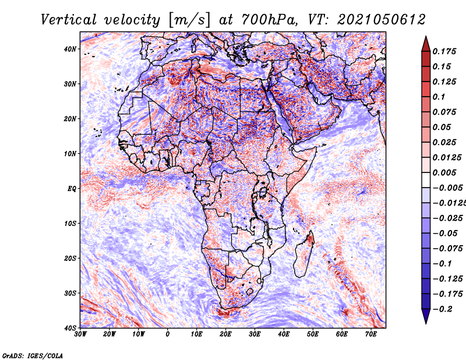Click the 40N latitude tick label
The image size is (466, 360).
pos(70,49)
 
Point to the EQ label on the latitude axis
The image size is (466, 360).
pos(72,189)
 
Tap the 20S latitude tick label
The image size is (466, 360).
pos(70,258)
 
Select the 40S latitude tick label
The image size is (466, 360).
pos(70,328)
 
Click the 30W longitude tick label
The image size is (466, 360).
pos(80,334)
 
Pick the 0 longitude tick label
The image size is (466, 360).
pos(168,334)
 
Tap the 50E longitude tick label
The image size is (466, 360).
pos(313,334)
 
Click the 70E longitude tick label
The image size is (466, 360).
pos(371,334)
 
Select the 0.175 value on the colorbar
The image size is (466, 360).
pos(444,51)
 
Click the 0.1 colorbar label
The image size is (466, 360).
pos(439,97)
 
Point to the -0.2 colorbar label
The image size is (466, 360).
pos(442,309)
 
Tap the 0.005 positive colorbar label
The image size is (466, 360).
pos(444,172)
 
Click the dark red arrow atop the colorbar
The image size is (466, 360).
pos(426,45)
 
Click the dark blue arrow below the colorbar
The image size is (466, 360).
pos(426,316)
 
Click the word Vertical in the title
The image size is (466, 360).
pos(68,20)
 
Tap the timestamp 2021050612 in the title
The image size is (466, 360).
pos(381,20)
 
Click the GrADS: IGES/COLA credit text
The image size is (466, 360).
pos(33,356)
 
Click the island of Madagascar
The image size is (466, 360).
pos(303,254)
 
